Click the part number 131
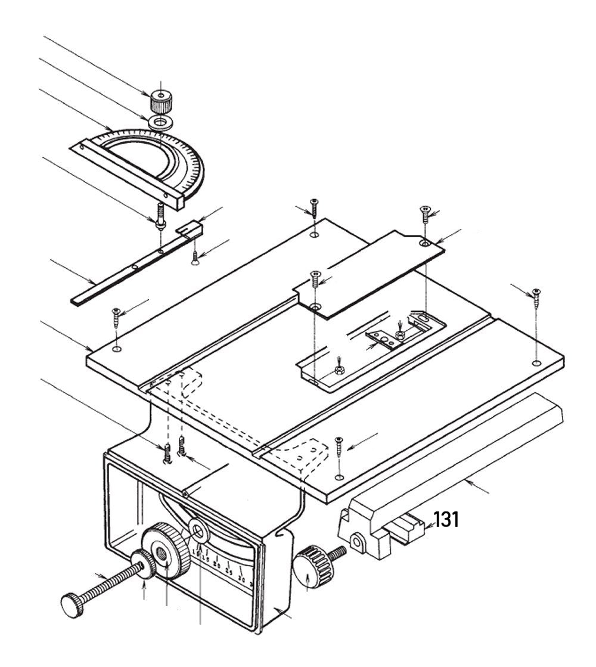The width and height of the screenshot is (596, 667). (x=446, y=519)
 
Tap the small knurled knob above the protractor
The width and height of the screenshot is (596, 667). (x=159, y=101)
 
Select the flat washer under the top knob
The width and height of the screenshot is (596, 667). (x=160, y=123)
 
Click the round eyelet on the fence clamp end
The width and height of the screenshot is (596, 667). (x=356, y=541)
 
